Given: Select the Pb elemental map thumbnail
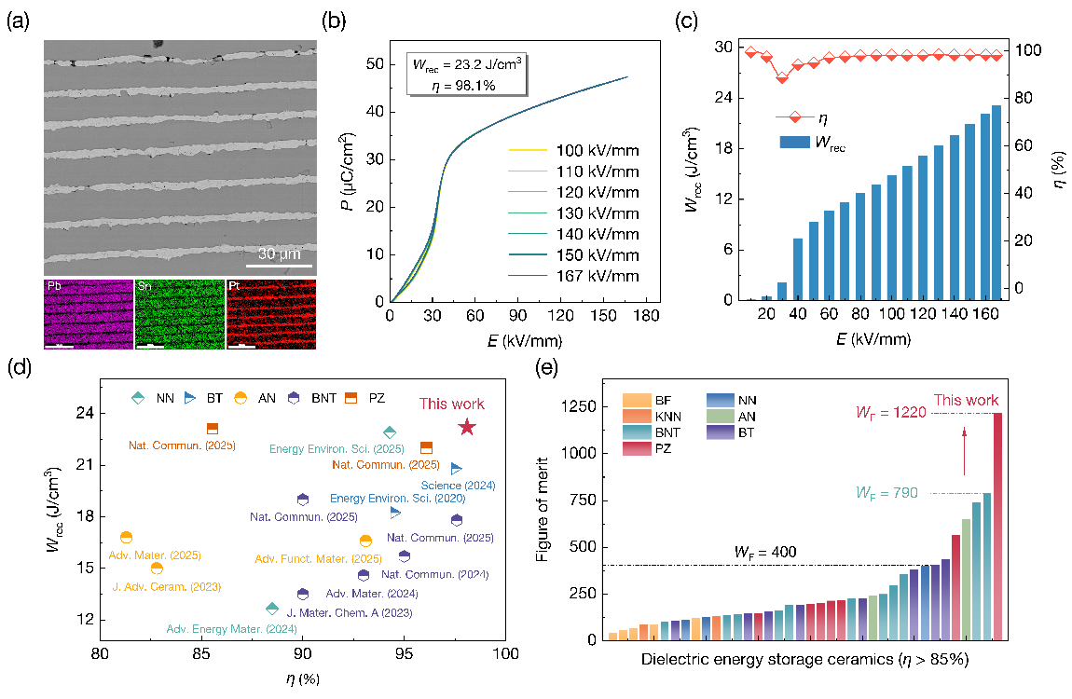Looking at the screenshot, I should click(89, 314).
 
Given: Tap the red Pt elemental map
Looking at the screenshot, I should click(270, 314).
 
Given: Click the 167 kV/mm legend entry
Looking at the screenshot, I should click(596, 276).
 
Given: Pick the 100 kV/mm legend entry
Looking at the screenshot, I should click(596, 151).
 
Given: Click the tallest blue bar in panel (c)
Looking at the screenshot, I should click(996, 202).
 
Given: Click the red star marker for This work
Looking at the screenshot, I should click(468, 427).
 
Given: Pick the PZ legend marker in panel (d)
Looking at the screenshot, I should click(352, 398).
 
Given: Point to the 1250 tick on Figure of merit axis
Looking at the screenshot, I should click(591, 406).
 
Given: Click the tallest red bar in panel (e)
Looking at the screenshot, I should click(998, 527).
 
